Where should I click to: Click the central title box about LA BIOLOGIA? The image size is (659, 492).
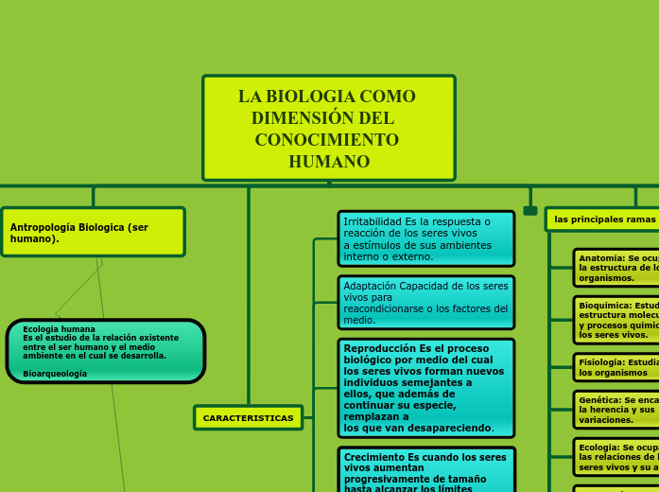pyautogui.click(x=328, y=128)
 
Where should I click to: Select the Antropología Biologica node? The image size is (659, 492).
pyautogui.click(x=93, y=232)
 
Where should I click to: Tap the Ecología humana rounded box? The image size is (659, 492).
pyautogui.click(x=105, y=351)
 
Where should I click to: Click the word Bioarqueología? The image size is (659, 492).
pyautogui.click(x=55, y=374)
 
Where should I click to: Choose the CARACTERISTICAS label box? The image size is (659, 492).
pyautogui.click(x=248, y=417)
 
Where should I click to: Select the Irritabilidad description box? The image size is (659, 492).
pyautogui.click(x=425, y=238)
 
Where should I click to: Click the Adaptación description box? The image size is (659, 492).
pyautogui.click(x=425, y=303)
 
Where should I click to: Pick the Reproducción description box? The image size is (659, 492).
pyautogui.click(x=425, y=388)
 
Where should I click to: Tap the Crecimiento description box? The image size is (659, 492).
pyautogui.click(x=425, y=470)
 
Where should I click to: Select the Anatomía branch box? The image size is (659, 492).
pyautogui.click(x=617, y=268)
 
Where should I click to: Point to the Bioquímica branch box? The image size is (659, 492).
pyautogui.click(x=617, y=320)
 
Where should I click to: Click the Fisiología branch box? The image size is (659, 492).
pyautogui.click(x=617, y=367)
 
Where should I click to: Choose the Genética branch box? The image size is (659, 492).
pyautogui.click(x=617, y=410)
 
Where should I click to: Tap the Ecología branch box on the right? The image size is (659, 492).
pyautogui.click(x=617, y=457)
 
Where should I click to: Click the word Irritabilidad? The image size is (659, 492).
pyautogui.click(x=373, y=221)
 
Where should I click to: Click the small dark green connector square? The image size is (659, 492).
pyautogui.click(x=530, y=211)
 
